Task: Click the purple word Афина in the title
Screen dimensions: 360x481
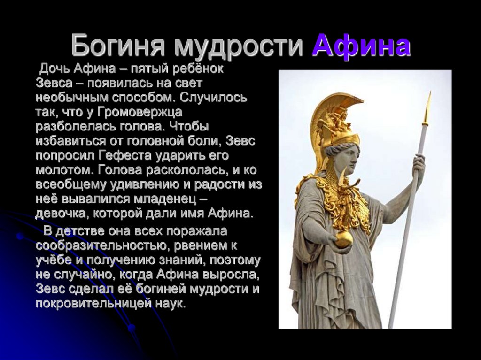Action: (x=362, y=46)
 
